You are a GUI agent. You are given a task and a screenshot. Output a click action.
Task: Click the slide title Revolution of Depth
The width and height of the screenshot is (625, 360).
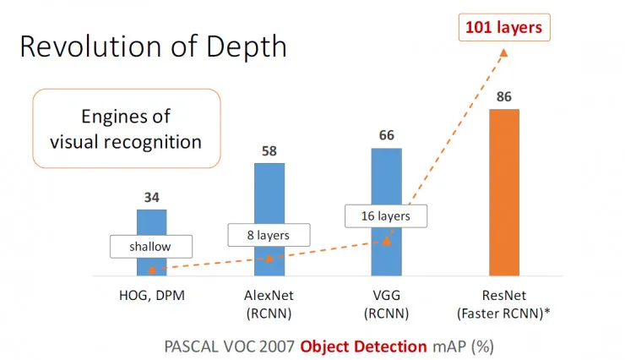(153, 46)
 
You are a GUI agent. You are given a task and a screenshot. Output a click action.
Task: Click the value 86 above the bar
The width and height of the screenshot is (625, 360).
(505, 97)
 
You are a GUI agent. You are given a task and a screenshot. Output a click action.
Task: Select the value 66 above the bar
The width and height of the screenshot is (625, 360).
(388, 136)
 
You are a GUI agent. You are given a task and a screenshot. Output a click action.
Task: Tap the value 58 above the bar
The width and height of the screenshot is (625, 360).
(270, 150)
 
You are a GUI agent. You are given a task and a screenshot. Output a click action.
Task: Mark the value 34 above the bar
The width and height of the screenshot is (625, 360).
(152, 197)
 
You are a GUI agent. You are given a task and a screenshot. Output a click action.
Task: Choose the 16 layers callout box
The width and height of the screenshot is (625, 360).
(386, 215)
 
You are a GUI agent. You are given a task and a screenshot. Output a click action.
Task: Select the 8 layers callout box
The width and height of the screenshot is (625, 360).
(269, 233)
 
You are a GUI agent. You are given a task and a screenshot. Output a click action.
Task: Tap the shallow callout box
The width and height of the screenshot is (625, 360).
(150, 247)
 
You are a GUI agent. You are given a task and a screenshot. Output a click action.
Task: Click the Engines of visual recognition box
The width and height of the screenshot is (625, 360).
(126, 128)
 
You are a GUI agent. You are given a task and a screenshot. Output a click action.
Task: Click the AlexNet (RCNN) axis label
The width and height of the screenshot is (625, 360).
(270, 305)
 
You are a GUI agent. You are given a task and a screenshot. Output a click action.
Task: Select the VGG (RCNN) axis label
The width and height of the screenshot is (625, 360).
(388, 305)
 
